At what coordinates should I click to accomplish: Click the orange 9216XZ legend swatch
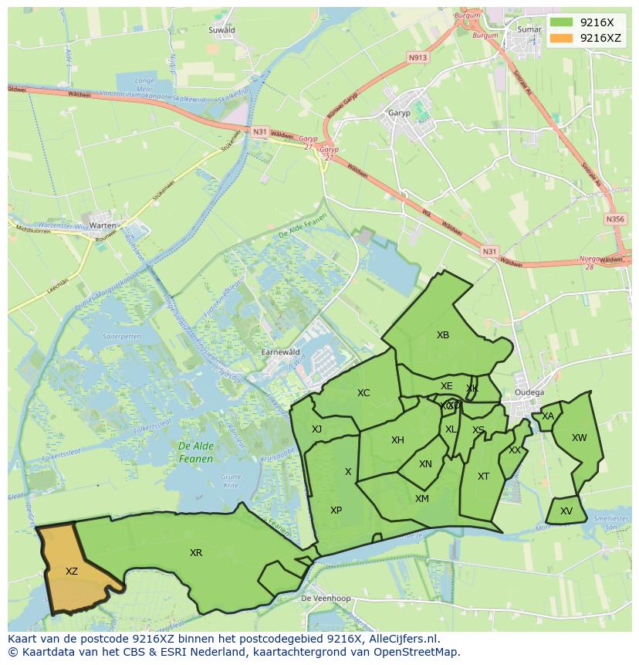click(x=563, y=38)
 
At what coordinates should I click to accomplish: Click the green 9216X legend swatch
click(x=563, y=22)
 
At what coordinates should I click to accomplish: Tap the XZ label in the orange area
click(x=72, y=572)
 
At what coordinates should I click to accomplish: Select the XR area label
click(x=196, y=553)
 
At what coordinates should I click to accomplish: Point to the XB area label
click(x=443, y=335)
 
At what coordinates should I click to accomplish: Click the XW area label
click(x=579, y=438)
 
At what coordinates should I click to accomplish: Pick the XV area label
click(x=566, y=511)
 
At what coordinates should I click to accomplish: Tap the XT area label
click(x=483, y=477)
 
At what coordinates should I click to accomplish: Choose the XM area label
click(x=422, y=499)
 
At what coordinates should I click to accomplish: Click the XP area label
click(x=336, y=511)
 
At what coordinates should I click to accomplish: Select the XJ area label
click(x=316, y=429)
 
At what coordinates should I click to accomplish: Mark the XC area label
click(x=363, y=393)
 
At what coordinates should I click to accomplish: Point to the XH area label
click(x=397, y=440)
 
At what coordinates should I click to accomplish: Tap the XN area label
click(x=425, y=464)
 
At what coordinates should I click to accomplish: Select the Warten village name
click(x=103, y=226)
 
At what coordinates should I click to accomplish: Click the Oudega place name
click(x=530, y=391)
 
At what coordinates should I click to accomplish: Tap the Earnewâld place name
click(x=280, y=351)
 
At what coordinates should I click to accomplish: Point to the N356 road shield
click(x=615, y=219)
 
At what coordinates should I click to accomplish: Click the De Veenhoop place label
click(x=326, y=599)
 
